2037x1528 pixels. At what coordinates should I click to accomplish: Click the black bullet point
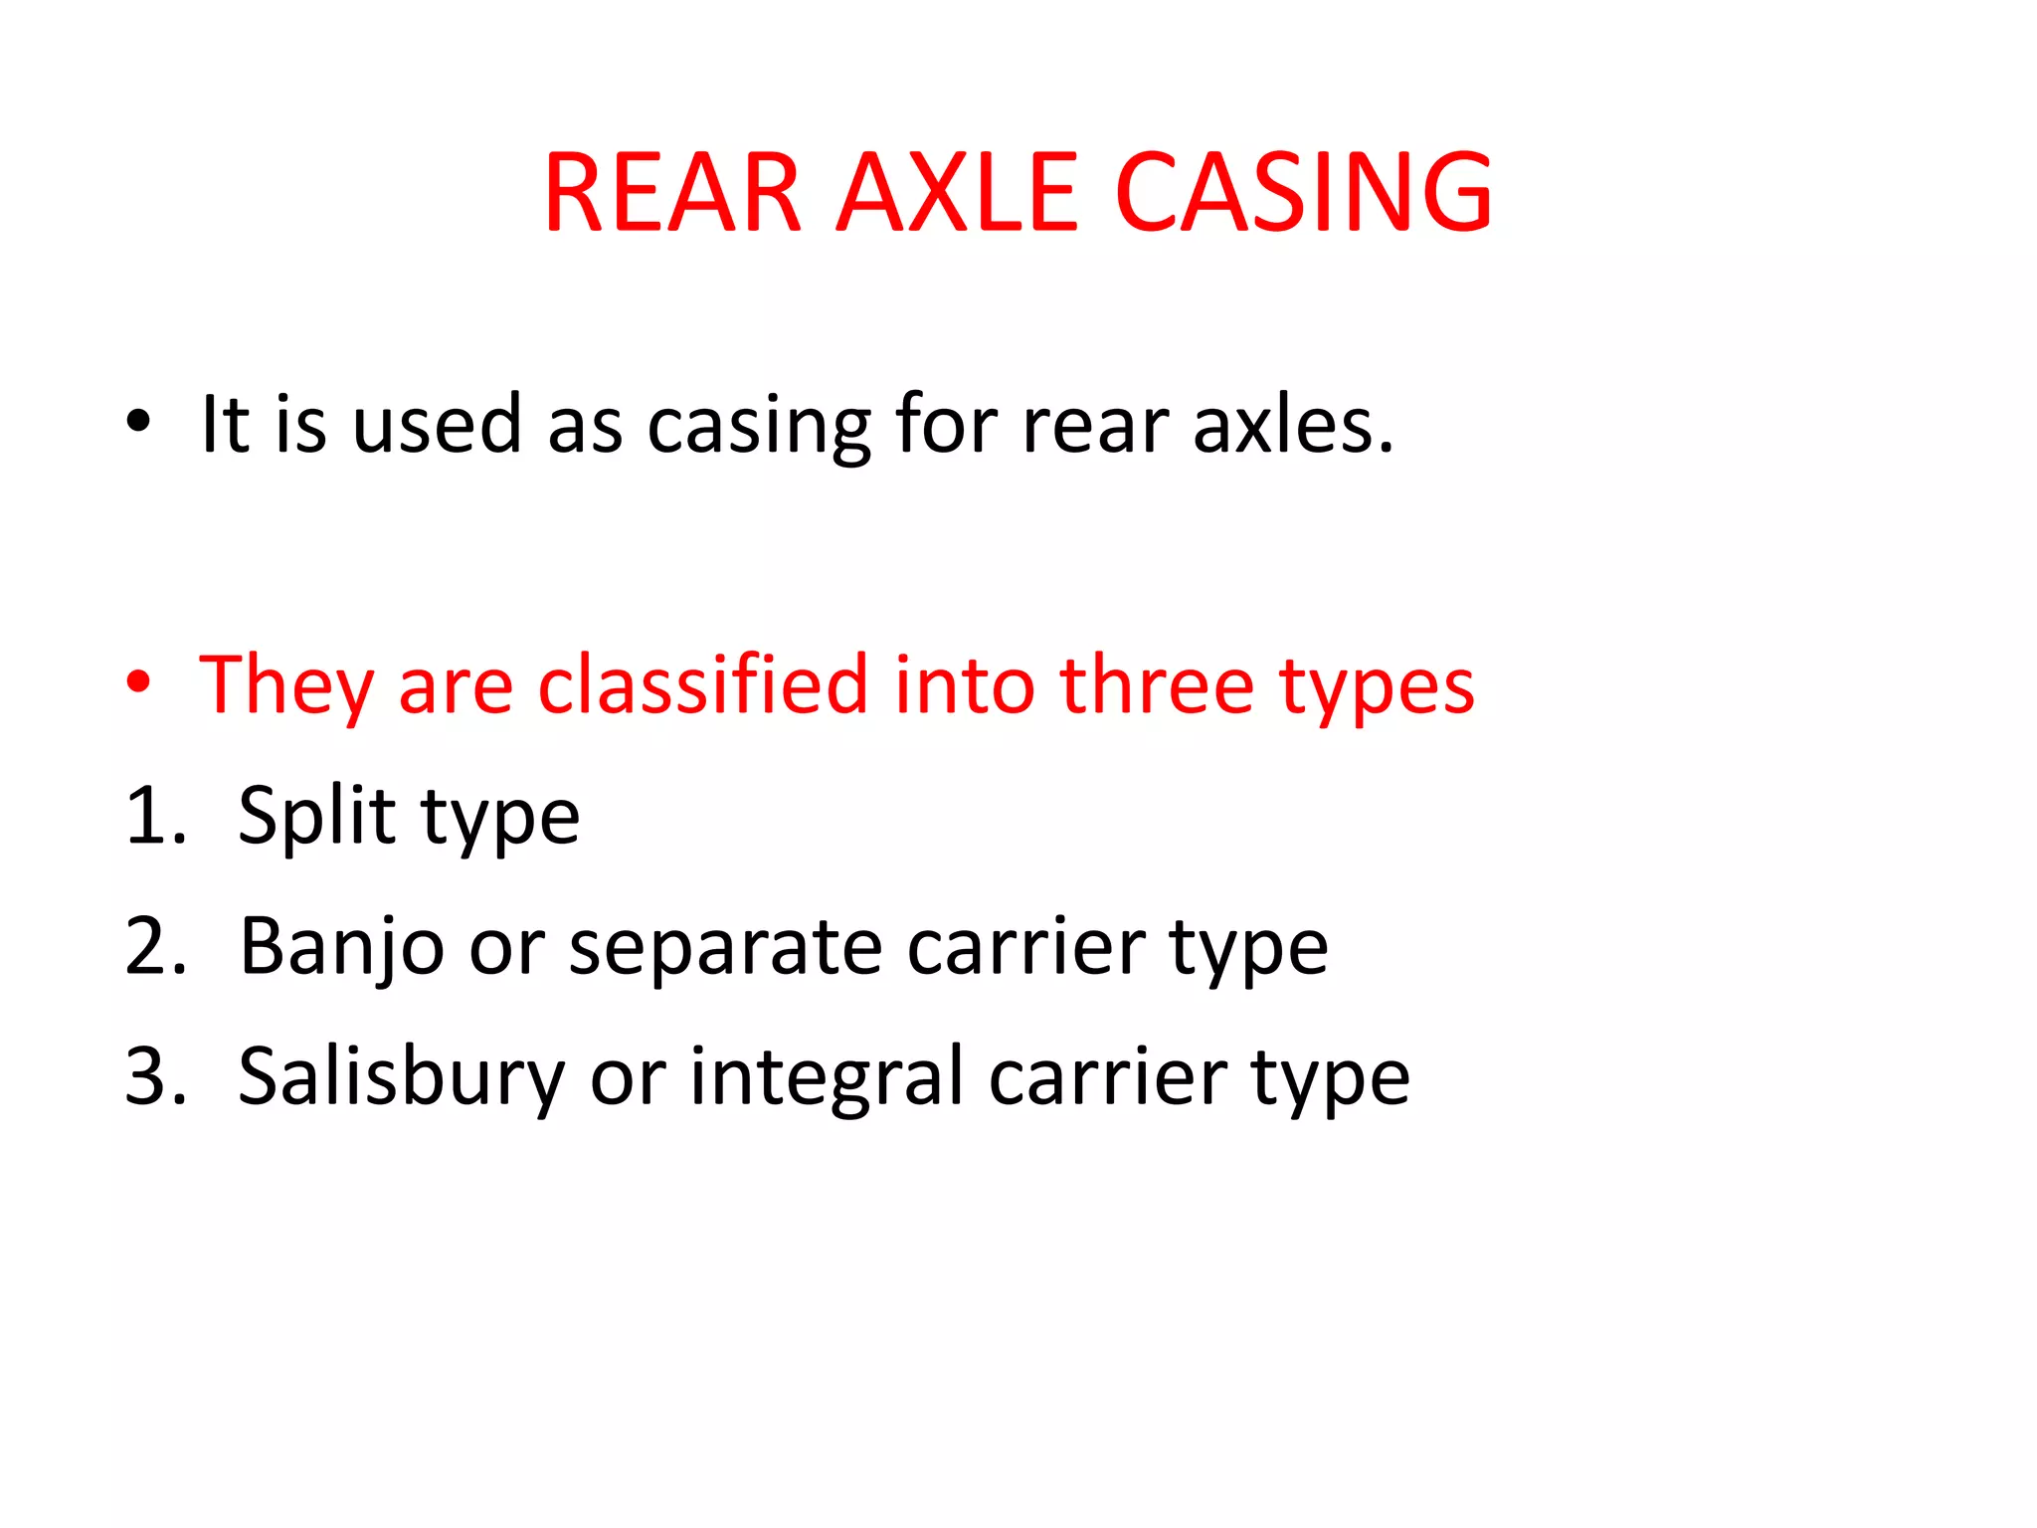tap(138, 422)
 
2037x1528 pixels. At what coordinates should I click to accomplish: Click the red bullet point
tap(138, 682)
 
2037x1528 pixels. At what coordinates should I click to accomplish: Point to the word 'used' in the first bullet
tap(437, 425)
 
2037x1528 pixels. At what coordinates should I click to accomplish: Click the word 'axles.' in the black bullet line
tap(1294, 425)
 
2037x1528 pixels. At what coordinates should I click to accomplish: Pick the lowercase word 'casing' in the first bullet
tap(758, 428)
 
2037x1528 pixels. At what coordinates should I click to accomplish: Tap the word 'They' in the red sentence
tap(286, 686)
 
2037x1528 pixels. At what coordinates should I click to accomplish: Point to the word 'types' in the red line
tap(1376, 688)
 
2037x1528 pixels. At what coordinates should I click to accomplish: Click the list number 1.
tap(153, 816)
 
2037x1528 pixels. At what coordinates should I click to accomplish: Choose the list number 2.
tap(155, 946)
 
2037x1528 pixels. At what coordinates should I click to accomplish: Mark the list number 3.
tap(155, 1076)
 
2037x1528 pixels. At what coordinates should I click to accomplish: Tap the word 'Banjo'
tap(341, 948)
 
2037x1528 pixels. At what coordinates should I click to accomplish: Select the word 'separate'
tap(725, 950)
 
